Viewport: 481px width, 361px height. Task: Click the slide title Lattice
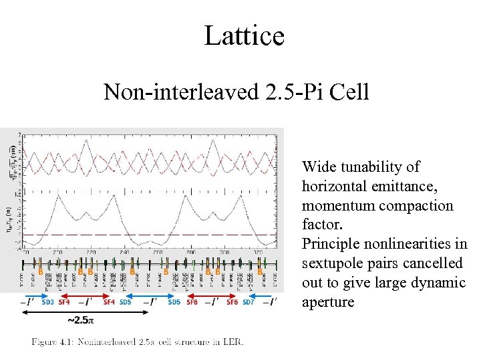click(x=244, y=35)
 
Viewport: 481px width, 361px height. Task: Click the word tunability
click(x=375, y=166)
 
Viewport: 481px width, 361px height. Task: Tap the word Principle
click(x=331, y=244)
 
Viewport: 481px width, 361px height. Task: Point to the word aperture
click(x=328, y=302)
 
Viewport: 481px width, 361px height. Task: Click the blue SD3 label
click(x=49, y=302)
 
